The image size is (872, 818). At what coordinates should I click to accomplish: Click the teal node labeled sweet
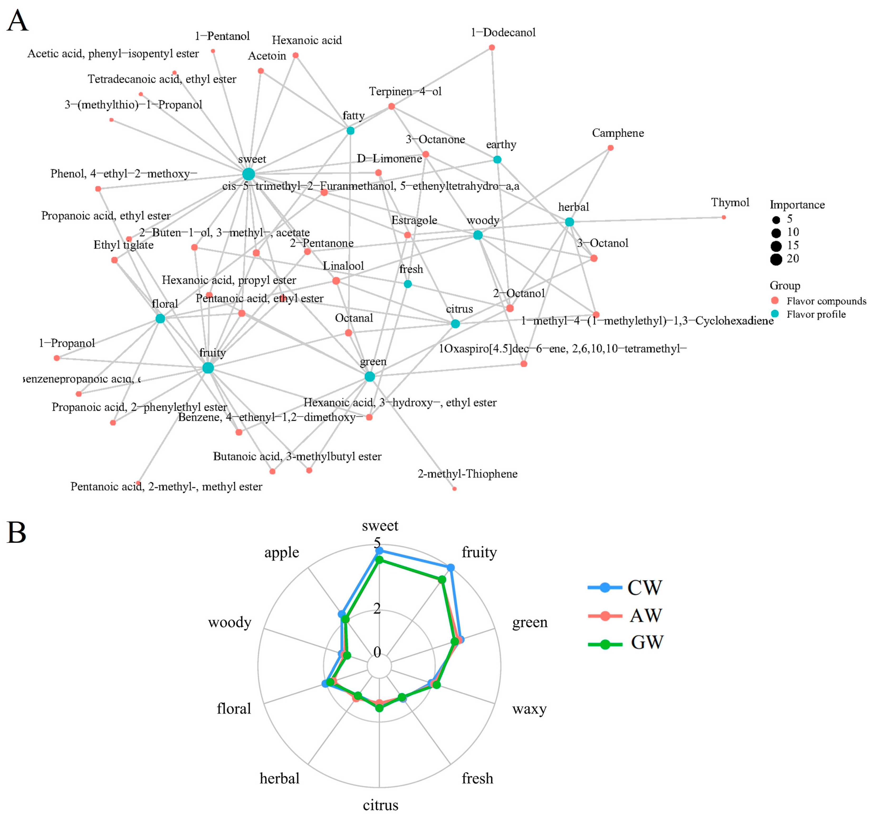tap(248, 174)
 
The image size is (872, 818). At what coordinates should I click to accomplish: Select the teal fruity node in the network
tap(208, 368)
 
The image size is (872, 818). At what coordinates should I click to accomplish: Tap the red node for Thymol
tap(724, 217)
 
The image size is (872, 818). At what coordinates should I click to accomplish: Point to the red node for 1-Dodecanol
tap(492, 47)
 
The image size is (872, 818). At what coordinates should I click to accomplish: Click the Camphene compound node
tap(610, 148)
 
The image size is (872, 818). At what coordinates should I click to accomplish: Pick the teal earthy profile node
tap(497, 160)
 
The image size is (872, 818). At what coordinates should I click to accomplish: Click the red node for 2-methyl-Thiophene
tap(454, 489)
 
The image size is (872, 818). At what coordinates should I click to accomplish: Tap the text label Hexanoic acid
tap(306, 40)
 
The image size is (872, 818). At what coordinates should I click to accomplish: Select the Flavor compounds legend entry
tap(826, 301)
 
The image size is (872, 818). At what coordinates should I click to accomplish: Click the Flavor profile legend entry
tap(816, 314)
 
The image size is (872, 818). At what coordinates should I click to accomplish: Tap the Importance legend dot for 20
tap(776, 260)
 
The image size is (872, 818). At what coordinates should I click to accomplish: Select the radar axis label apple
tap(282, 552)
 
